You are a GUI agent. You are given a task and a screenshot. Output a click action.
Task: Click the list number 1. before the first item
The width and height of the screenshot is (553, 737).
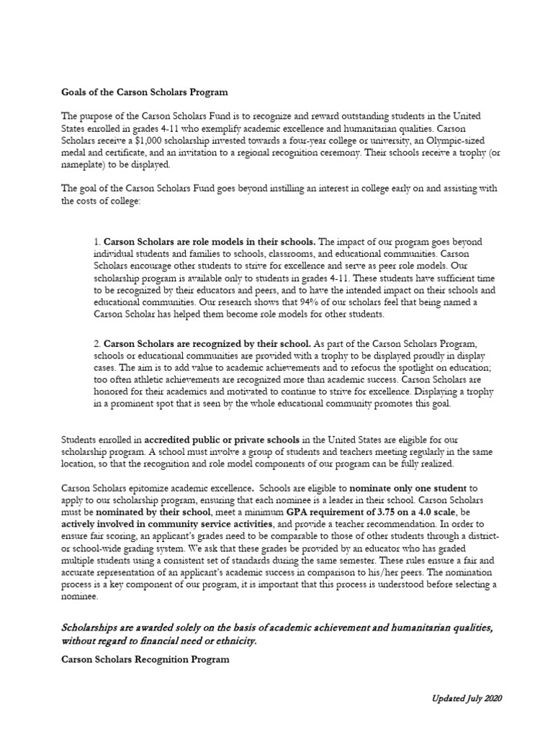point(97,241)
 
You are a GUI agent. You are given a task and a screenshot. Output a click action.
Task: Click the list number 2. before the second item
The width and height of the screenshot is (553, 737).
point(97,344)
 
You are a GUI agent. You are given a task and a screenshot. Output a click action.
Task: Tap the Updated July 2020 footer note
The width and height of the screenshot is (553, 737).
point(466,699)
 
